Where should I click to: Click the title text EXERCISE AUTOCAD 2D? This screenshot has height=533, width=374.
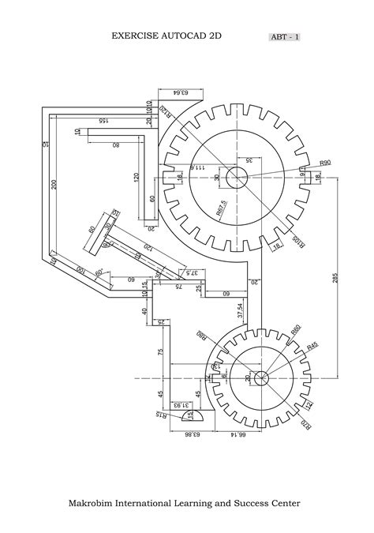(x=166, y=36)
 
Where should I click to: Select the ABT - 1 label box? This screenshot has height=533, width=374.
(x=285, y=36)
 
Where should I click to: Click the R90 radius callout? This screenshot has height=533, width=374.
(x=324, y=163)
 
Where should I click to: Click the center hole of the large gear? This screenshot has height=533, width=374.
(x=237, y=178)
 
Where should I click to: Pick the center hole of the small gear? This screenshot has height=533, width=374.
(x=260, y=378)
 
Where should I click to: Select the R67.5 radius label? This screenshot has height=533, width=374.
(x=222, y=208)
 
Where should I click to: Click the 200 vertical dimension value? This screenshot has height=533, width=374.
(x=54, y=184)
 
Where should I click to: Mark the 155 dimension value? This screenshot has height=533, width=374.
(x=103, y=121)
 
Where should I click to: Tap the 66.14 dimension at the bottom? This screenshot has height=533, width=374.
(x=237, y=434)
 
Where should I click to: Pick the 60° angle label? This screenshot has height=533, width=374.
(x=100, y=272)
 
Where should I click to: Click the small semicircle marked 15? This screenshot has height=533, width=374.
(x=189, y=414)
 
